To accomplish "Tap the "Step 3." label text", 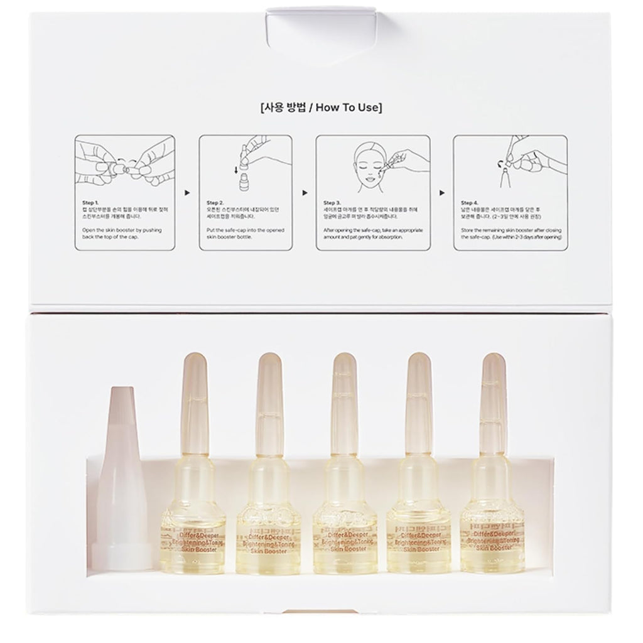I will point(333,203).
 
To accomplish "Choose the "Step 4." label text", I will point(470,203).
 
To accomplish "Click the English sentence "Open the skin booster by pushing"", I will point(119,230).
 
